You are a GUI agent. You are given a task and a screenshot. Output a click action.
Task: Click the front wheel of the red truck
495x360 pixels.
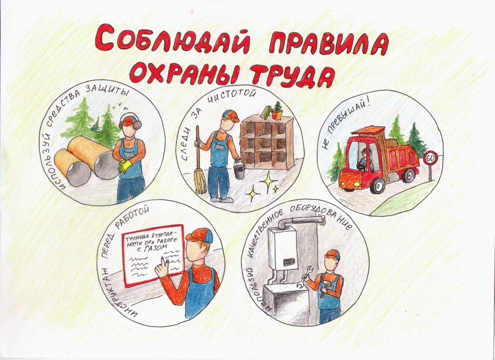pyautogui.click(x=377, y=185)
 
